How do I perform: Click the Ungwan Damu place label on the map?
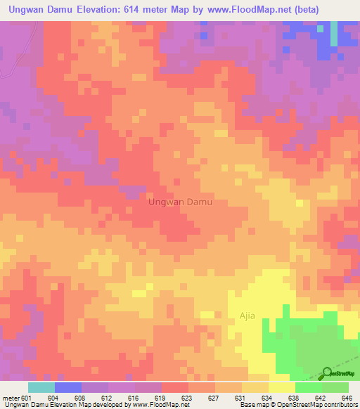pyautogui.click(x=179, y=202)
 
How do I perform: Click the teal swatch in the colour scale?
pyautogui.click(x=41, y=387)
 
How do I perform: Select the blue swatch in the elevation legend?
pyautogui.click(x=67, y=387)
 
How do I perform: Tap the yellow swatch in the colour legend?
pyautogui.click(x=281, y=387)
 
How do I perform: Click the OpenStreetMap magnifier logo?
pyautogui.click(x=328, y=373)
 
